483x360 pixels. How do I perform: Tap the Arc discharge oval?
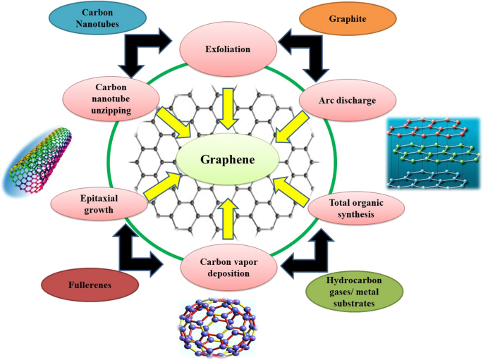347,101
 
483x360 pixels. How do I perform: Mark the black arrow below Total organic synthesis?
310,250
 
